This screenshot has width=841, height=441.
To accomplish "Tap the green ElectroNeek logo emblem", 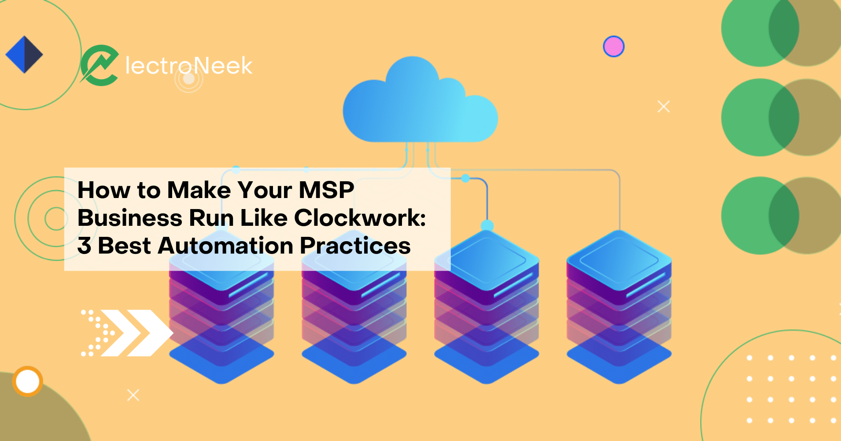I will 100,65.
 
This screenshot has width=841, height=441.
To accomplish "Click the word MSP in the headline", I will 326,190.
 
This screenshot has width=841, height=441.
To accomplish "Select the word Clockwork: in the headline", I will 360,218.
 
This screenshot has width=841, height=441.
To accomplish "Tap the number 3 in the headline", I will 84,246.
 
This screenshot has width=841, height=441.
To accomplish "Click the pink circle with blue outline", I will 613,46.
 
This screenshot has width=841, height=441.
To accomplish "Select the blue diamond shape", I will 24,54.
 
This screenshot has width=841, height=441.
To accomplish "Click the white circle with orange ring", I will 28,381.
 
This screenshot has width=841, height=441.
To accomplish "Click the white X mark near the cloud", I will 664,106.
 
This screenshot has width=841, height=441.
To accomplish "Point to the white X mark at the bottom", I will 133,395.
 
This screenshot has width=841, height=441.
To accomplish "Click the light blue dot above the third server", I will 487,225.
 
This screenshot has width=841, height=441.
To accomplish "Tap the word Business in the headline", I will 130,218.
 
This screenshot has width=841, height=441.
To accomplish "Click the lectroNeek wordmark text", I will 188,66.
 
